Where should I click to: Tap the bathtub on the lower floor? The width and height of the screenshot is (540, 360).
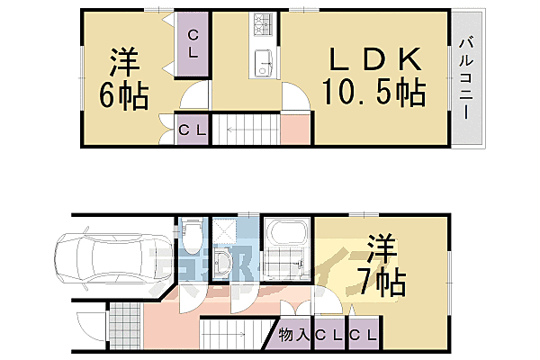[286, 236]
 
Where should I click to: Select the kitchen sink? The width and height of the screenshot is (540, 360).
[264, 64]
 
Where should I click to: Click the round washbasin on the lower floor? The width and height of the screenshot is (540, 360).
[224, 262]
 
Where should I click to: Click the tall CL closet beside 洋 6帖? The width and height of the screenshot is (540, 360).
[193, 42]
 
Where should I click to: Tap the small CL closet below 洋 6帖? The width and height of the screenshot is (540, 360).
[191, 130]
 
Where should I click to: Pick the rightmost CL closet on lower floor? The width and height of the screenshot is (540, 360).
[363, 335]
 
